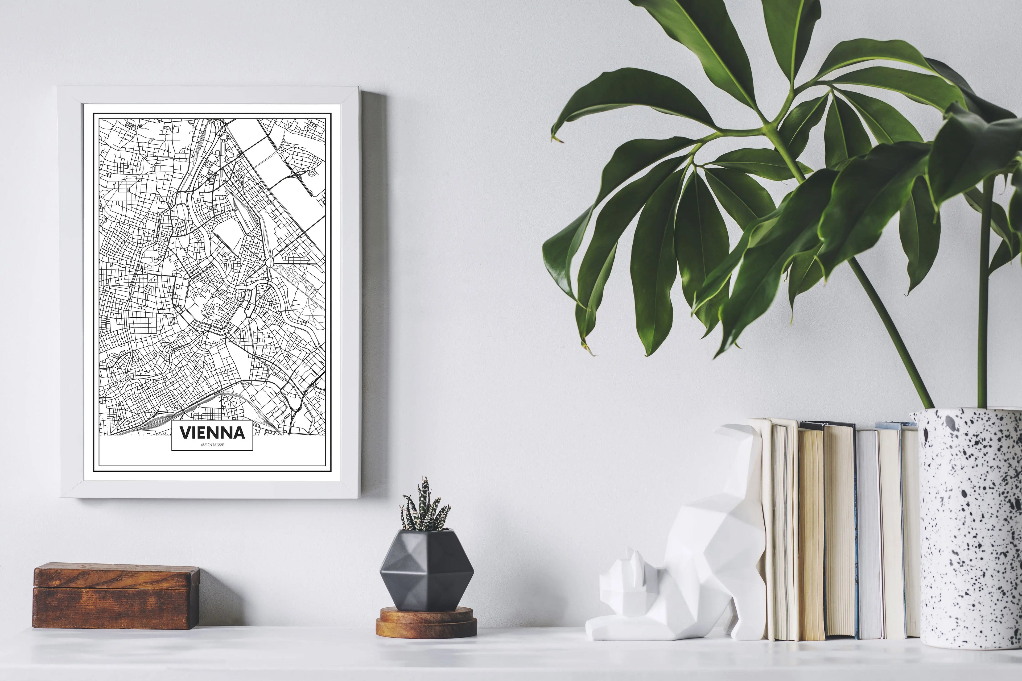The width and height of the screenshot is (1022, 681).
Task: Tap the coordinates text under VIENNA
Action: click(212, 445)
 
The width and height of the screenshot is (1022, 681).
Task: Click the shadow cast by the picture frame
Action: click(374, 295)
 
